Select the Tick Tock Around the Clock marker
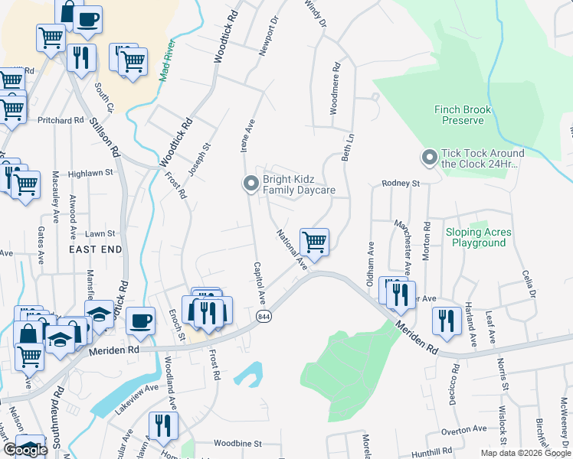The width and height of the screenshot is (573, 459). click(429, 158)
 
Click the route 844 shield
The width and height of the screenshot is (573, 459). click(264, 317)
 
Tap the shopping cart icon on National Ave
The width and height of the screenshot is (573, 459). click(315, 242)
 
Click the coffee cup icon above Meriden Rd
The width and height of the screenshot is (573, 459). click(139, 321)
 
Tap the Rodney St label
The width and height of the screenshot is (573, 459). click(401, 184)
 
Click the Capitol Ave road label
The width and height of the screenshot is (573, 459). click(260, 282)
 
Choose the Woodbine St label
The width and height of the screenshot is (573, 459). click(237, 443)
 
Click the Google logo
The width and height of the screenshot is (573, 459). click(25, 450)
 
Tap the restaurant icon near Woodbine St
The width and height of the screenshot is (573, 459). click(162, 425)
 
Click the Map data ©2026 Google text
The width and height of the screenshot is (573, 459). click(526, 453)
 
